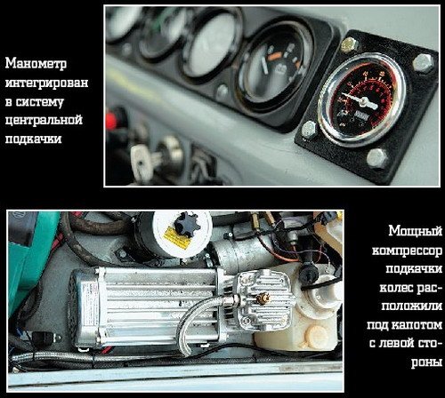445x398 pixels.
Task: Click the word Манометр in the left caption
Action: pyautogui.click(x=36, y=64)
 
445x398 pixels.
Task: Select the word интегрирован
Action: pyautogui.click(x=47, y=83)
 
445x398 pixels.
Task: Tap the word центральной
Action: pyautogui.click(x=44, y=121)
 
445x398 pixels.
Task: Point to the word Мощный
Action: pyautogui.click(x=416, y=231)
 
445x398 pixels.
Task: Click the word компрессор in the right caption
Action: pyautogui.click(x=407, y=251)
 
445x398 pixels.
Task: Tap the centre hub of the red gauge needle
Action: pyautogui.click(x=362, y=102)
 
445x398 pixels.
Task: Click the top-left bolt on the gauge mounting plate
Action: pyautogui.click(x=349, y=45)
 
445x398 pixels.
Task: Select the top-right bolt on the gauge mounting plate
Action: pyautogui.click(x=423, y=63)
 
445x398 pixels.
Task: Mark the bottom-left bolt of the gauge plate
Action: pyautogui.click(x=310, y=130)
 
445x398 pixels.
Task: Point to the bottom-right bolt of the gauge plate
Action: pyautogui.click(x=377, y=158)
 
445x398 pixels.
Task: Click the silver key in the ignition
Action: pyautogui.click(x=144, y=162)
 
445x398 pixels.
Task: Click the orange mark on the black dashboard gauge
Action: pyautogui.click(x=276, y=56)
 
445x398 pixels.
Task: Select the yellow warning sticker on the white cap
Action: pyautogui.click(x=177, y=237)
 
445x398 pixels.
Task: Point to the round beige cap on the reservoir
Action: pyautogui.click(x=315, y=337)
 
